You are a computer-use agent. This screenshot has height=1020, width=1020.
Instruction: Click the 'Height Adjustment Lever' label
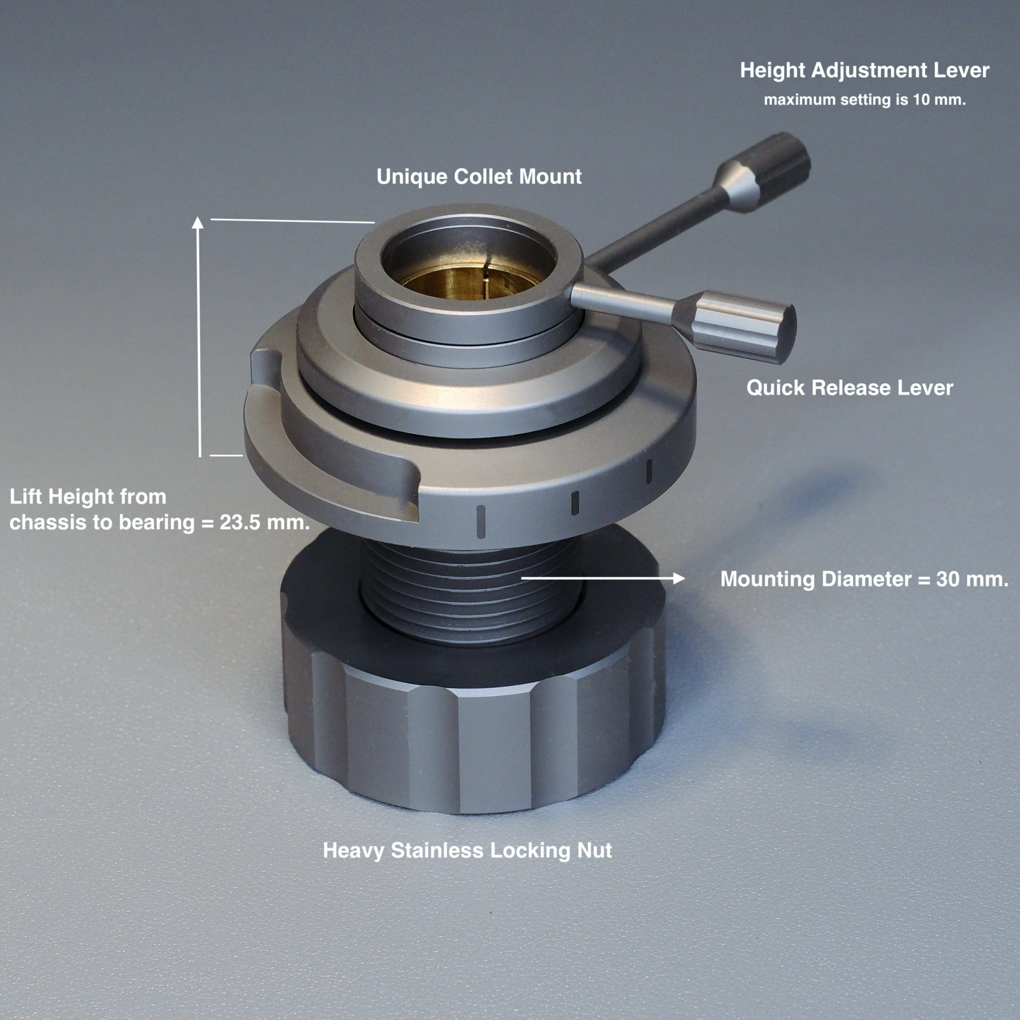coord(864,70)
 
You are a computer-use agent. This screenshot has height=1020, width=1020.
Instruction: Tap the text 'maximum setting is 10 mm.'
coord(864,100)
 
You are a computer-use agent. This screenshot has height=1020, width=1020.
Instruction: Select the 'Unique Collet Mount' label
coord(479,177)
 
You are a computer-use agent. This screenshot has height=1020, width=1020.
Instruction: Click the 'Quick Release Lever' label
coord(849,388)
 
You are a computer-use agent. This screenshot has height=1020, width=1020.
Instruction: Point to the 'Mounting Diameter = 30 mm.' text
coord(864,579)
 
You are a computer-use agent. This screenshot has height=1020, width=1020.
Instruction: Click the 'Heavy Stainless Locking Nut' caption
coord(467,850)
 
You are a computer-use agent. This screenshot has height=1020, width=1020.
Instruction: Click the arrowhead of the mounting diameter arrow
coord(680,578)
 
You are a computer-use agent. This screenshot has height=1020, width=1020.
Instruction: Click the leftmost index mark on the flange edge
coord(481,520)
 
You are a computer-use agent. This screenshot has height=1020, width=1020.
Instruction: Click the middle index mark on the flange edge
coord(574,502)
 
